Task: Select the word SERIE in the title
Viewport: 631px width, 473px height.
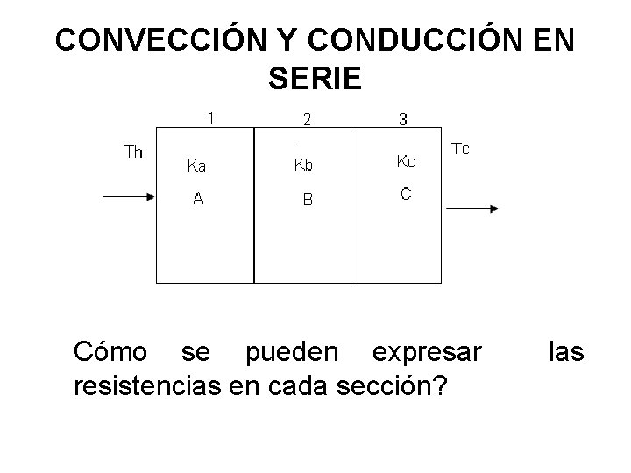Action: click(315, 81)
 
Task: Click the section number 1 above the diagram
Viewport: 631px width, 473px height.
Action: click(210, 117)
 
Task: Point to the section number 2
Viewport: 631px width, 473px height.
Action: click(307, 119)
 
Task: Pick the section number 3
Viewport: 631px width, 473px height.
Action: click(402, 119)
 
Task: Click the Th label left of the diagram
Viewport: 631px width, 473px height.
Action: click(134, 152)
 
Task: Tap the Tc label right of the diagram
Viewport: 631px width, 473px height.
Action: click(460, 149)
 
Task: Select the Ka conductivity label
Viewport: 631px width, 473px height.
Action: click(198, 166)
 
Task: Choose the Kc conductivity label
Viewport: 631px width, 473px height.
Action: click(407, 161)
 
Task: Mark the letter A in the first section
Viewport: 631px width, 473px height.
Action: click(199, 199)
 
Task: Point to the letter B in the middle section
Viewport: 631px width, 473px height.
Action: click(308, 200)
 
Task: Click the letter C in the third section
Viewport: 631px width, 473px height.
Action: click(406, 194)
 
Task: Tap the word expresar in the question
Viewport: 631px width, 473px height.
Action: click(427, 352)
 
